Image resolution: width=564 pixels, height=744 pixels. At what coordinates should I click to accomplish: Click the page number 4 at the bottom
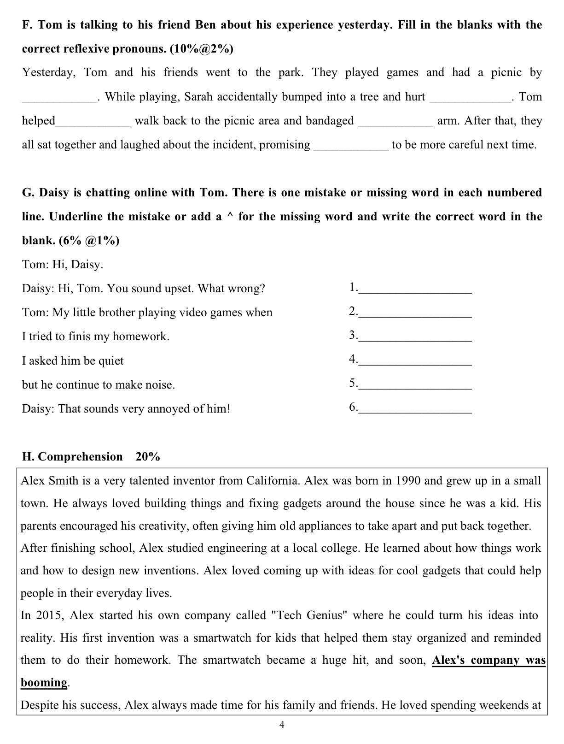click(282, 725)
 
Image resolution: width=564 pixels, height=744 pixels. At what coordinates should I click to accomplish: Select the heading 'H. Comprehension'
click(72, 457)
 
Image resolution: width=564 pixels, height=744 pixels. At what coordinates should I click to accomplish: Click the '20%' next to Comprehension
click(148, 457)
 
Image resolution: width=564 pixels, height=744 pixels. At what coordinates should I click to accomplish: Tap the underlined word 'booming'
click(44, 683)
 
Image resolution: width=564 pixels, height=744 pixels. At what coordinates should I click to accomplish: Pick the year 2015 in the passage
click(48, 615)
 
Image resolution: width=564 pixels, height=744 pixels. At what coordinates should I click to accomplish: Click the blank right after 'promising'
click(351, 146)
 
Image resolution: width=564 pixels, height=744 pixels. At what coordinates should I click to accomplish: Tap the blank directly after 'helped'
click(93, 122)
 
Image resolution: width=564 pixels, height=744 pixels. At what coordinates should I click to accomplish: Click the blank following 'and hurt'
click(470, 97)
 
